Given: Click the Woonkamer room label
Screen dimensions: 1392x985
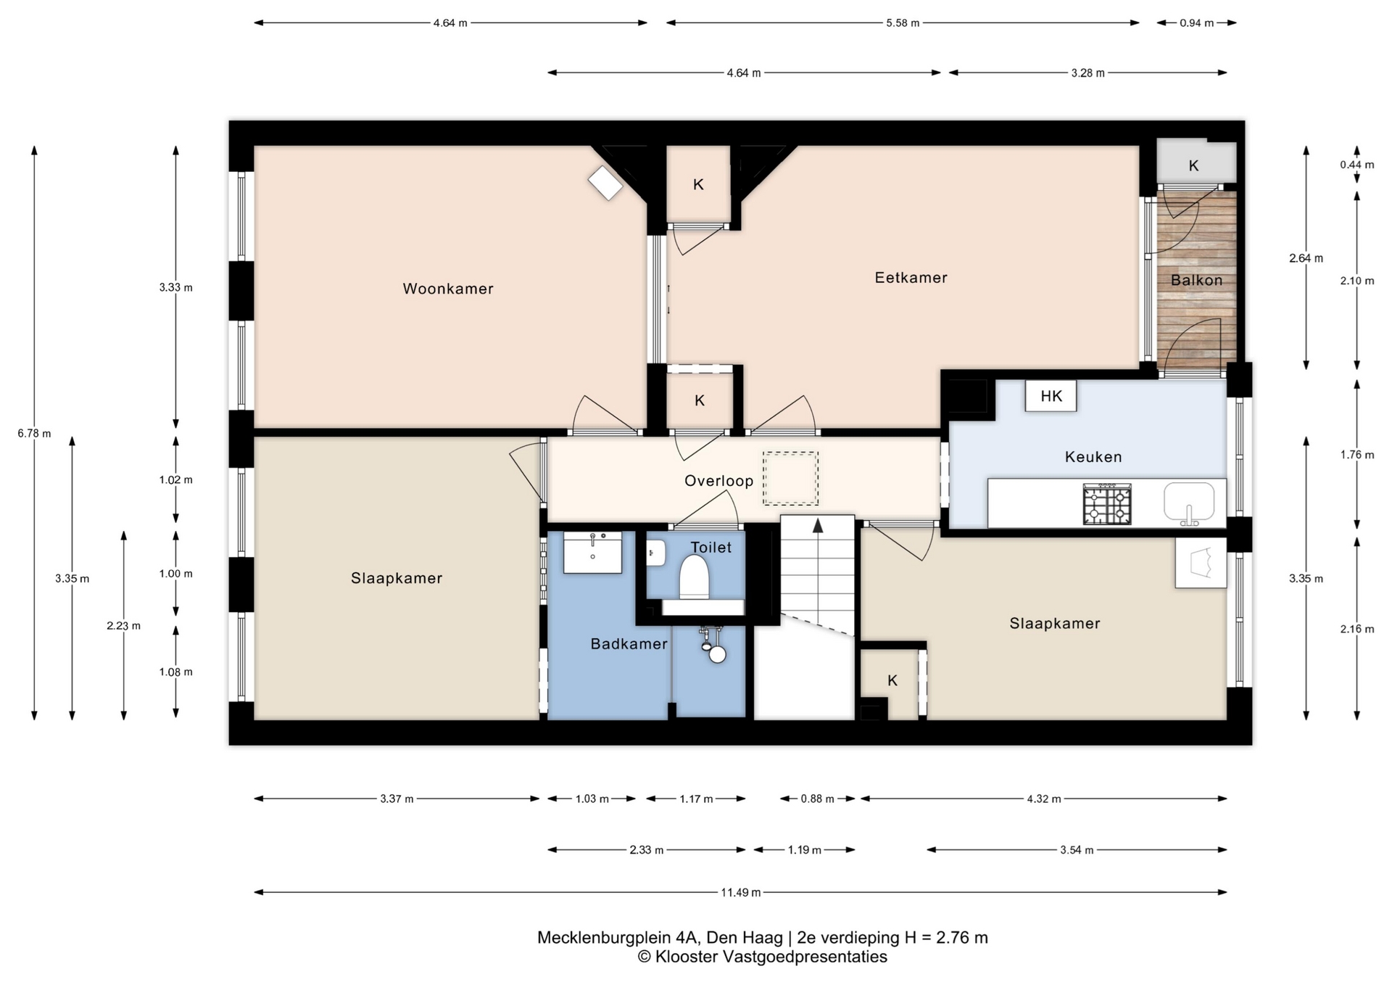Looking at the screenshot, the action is pos(448,289).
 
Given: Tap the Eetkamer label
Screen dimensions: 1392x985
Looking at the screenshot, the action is pos(911,278).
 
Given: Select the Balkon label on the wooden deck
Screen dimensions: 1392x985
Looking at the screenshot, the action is pos(1196,280).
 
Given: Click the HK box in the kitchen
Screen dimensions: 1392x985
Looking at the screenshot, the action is pos(1051,396).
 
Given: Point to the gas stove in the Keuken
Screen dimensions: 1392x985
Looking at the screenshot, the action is pos(1107,505).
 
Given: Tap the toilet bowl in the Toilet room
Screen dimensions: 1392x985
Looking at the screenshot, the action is pos(694,577).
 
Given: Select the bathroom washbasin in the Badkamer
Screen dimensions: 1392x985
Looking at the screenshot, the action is pos(592,553).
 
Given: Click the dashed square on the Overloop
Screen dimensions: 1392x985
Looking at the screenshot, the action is pos(790,478).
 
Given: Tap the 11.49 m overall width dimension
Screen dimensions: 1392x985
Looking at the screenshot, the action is pos(740,892).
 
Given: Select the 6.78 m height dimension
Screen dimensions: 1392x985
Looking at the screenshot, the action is pos(34,433).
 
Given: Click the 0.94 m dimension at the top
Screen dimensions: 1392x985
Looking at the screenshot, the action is pos(1196,22).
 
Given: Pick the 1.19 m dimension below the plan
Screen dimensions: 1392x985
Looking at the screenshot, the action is pos(804,849).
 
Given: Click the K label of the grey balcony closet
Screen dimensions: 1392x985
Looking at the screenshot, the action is pos(1193,166).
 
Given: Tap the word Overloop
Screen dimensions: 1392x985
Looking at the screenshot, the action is pos(718,481).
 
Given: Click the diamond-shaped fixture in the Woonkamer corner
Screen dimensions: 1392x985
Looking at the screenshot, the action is pos(605,183).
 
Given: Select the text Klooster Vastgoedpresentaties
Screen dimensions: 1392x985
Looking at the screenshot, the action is pos(771,957).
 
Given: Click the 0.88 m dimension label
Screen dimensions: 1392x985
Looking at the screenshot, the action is pos(817,799).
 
